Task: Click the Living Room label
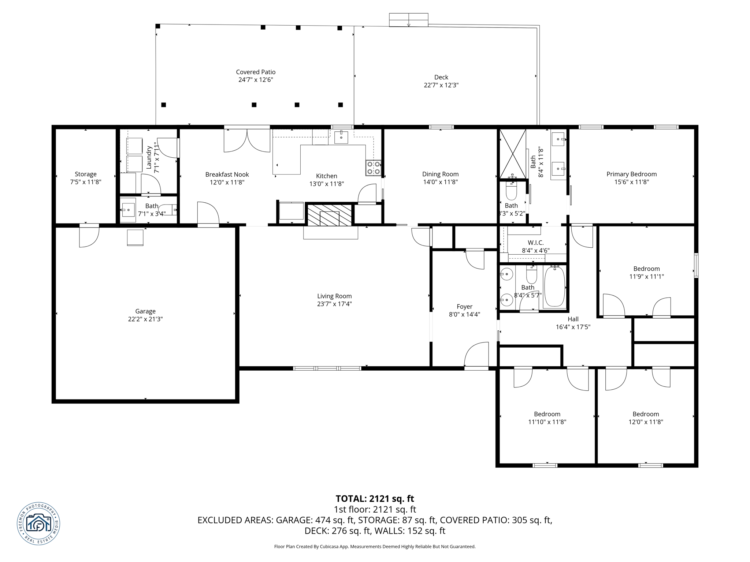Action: point(334,296)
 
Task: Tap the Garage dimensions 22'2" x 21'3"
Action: point(145,319)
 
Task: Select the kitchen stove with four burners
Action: point(373,168)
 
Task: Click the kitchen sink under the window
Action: point(341,138)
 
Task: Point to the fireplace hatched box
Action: point(329,215)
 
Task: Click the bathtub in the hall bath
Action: point(554,286)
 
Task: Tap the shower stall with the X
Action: point(513,154)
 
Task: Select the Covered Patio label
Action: point(256,72)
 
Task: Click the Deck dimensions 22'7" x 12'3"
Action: point(441,85)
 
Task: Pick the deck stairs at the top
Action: point(408,20)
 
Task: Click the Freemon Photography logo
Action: point(38,524)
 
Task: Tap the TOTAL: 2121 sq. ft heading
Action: point(375,499)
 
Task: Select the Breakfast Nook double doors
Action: point(247,140)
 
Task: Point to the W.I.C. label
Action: point(535,243)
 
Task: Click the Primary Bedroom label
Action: point(631,174)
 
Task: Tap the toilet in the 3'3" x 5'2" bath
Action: point(511,190)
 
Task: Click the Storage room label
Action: point(86,174)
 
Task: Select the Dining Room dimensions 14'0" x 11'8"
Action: point(440,182)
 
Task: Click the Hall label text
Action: point(573,319)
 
